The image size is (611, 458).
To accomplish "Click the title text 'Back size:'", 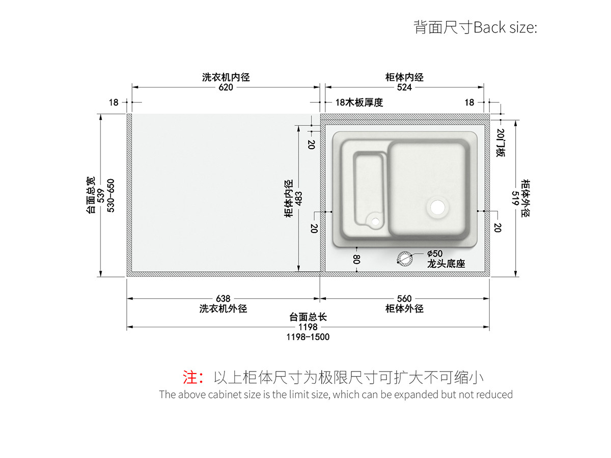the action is pyautogui.click(x=505, y=27).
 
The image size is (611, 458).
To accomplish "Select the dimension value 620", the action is pyautogui.click(x=226, y=88).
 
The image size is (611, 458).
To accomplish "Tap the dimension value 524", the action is pyautogui.click(x=404, y=88).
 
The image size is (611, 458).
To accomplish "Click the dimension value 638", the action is pyautogui.click(x=223, y=299).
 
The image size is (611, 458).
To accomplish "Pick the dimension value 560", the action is pyautogui.click(x=404, y=299).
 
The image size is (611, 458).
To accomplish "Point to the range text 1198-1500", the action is pyautogui.click(x=308, y=337).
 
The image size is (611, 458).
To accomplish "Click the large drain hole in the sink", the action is pyautogui.click(x=437, y=207).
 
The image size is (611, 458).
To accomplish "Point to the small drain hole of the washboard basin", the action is pyautogui.click(x=375, y=222).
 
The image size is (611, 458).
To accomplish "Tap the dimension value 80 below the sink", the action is pyautogui.click(x=357, y=260).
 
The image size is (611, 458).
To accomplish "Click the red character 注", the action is pyautogui.click(x=190, y=378).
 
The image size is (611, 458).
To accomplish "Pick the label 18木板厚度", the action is pyautogui.click(x=359, y=103).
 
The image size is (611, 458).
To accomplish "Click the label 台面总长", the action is pyautogui.click(x=308, y=317).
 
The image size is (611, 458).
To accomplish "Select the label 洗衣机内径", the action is pyautogui.click(x=226, y=77).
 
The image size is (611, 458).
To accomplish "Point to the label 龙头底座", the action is pyautogui.click(x=446, y=264).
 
